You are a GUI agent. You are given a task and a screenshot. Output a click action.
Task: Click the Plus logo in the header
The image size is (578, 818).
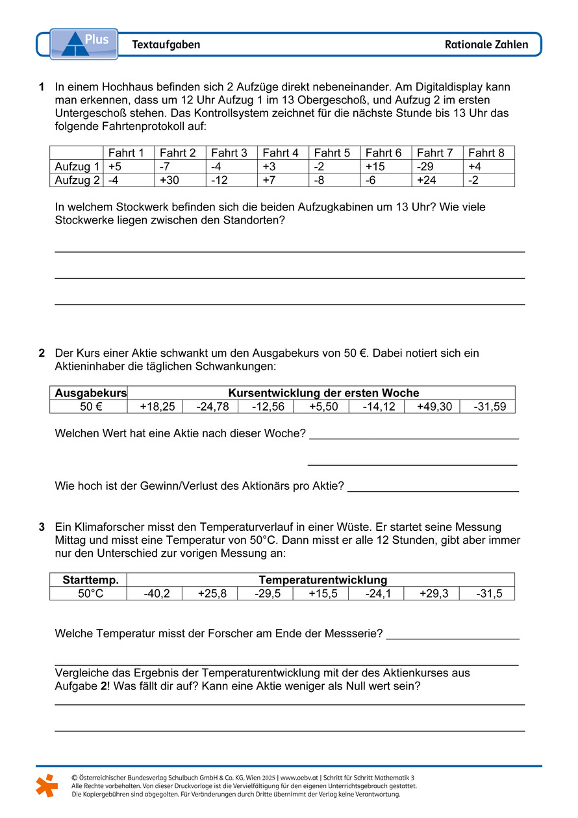click(84, 44)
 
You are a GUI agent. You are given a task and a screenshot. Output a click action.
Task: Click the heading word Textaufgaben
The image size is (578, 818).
click(166, 45)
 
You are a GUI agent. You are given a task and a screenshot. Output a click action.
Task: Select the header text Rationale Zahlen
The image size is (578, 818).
click(486, 45)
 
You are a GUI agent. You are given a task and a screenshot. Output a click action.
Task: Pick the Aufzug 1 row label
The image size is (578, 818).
click(77, 166)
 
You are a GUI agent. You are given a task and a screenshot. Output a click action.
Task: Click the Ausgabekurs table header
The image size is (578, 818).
click(89, 393)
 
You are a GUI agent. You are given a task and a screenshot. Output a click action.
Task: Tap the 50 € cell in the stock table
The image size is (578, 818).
click(89, 407)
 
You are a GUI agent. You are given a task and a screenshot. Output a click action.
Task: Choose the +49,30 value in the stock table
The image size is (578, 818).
click(431, 407)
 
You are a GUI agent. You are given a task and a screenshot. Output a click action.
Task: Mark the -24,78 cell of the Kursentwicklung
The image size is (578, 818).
click(210, 407)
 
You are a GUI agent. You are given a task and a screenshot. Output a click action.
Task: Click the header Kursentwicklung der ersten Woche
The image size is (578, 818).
click(323, 393)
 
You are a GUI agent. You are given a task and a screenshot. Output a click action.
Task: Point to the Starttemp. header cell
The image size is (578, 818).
click(89, 580)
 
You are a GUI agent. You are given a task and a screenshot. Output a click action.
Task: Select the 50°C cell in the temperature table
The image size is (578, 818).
click(89, 593)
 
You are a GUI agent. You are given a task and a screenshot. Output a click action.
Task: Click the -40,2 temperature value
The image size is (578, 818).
click(155, 593)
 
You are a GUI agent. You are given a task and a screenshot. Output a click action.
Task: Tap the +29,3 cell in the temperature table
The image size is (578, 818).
click(431, 593)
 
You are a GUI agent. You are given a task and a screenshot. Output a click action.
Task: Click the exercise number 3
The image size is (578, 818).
click(42, 527)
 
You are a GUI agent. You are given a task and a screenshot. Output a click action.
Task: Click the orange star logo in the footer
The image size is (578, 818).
click(46, 785)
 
